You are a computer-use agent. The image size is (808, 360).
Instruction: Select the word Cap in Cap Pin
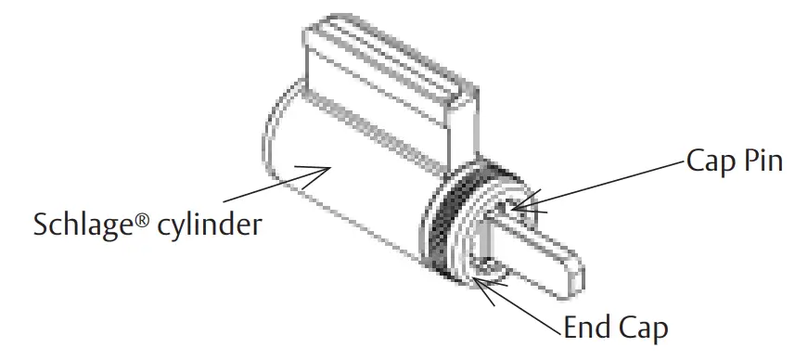click(710, 161)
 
